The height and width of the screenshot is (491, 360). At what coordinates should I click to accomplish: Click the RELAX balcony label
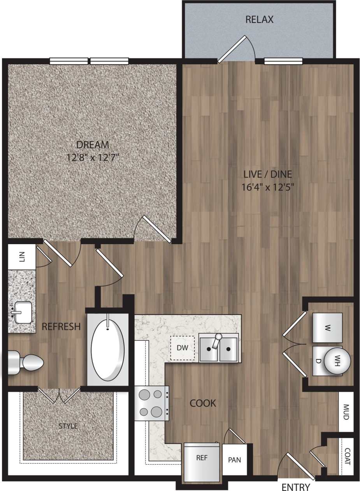point(259,19)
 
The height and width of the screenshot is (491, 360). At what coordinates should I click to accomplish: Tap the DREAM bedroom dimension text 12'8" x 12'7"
point(93,158)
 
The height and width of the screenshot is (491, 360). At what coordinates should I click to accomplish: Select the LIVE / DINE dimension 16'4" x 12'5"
point(267,187)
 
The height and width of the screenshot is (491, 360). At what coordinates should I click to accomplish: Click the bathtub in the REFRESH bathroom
point(108,350)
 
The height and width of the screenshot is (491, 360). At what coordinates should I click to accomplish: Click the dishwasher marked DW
point(182,347)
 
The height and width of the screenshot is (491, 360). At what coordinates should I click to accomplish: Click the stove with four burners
point(152,403)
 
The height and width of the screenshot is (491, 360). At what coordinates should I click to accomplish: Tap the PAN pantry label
point(234,460)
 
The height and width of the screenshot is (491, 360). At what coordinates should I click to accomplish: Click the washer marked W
point(327,327)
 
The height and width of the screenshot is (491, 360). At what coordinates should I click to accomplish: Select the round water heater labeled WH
point(337,361)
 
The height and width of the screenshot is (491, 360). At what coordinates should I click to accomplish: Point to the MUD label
point(346,412)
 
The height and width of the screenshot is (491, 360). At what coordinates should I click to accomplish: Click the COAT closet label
point(347,456)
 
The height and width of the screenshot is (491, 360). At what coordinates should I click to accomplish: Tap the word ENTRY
point(296,487)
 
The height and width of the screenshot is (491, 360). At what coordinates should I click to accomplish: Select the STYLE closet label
point(68,426)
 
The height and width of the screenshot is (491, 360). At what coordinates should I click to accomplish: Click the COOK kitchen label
point(203,403)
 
